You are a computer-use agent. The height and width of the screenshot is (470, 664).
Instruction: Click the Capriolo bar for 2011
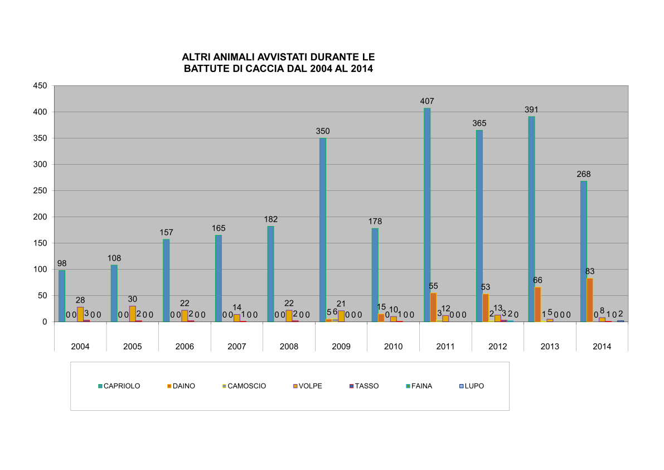pos(427,215)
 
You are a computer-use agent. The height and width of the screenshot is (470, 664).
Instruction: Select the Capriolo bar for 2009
pos(323,230)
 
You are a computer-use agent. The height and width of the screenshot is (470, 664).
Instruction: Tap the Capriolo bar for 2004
pos(62,296)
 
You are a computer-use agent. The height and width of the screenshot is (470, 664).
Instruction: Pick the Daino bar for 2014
pos(590,300)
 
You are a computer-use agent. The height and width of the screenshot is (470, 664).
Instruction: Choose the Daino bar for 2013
pos(537,304)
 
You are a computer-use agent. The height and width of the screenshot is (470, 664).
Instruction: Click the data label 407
pos(428,101)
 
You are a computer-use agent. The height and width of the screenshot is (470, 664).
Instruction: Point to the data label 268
pos(584,174)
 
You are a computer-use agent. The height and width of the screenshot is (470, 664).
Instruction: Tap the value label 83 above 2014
pos(590,271)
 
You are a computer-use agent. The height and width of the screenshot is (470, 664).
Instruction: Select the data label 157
pos(166,232)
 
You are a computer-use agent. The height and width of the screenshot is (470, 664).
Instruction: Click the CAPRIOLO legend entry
pos(119,386)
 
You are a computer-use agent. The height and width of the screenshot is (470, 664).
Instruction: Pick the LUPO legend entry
pos(471,386)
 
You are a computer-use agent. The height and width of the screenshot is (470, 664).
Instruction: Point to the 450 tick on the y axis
pos(40,86)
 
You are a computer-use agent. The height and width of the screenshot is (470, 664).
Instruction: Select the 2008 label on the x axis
pos(289,347)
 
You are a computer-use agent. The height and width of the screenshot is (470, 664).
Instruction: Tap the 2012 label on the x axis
pos(497,347)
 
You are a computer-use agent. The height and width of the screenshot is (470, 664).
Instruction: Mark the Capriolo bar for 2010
pos(375,275)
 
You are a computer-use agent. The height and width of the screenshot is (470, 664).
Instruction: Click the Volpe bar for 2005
pos(133,314)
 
